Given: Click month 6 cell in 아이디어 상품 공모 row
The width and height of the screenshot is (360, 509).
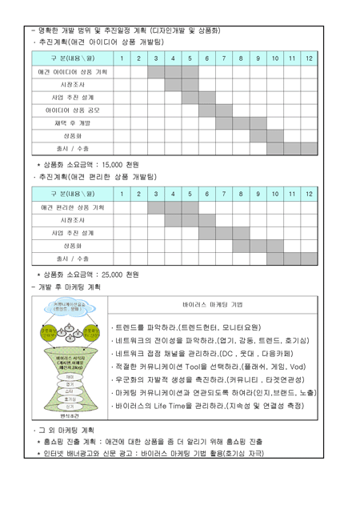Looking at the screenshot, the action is (x=206, y=110).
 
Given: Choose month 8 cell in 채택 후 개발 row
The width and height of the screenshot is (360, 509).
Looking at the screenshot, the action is (x=241, y=122).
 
